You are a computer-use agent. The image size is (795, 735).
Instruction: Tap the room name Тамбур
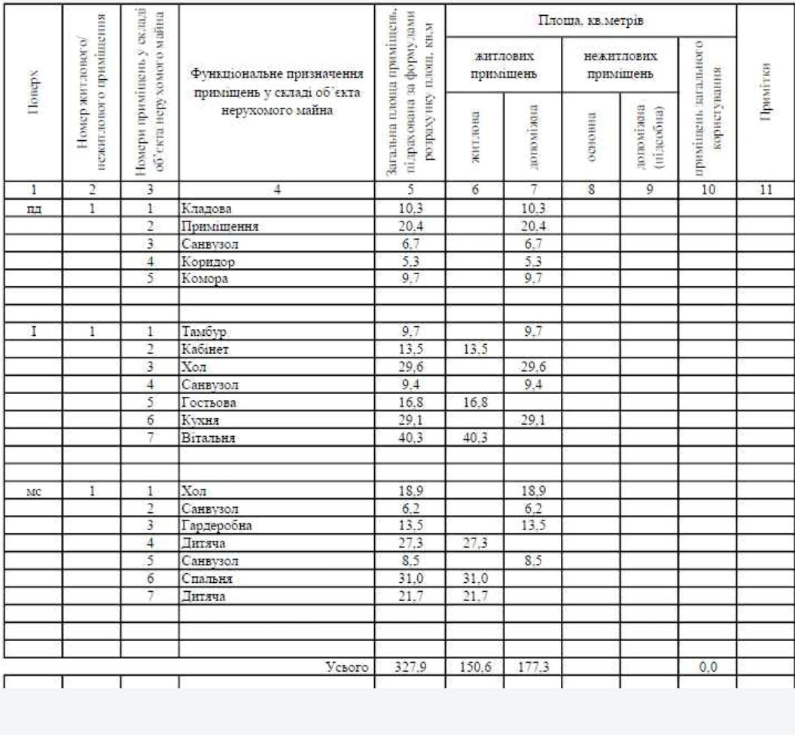(201, 332)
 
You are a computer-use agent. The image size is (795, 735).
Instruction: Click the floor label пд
(32, 206)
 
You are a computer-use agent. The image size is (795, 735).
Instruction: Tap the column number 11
(765, 190)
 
